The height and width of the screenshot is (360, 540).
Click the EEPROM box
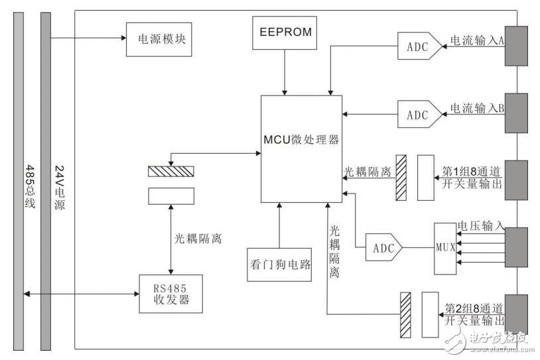coord(285,31)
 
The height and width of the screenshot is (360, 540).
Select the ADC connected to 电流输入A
coord(418,48)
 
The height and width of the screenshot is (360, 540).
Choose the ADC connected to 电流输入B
coord(418,114)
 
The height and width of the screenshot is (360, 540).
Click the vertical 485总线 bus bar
coord(18,179)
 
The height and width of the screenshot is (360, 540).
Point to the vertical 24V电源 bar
coord(45,179)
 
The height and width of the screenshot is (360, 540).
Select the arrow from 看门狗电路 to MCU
coord(279,225)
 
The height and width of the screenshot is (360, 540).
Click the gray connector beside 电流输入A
coord(516,46)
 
